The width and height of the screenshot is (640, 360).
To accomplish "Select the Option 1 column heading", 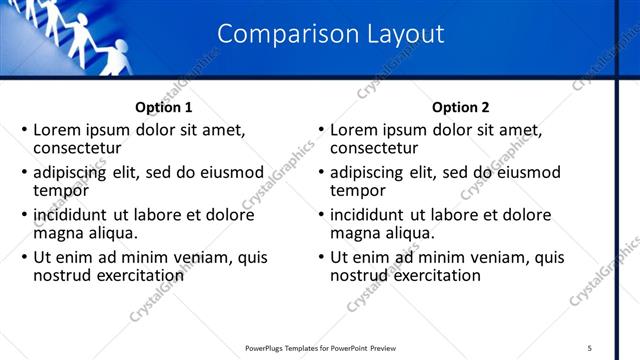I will [x=163, y=107].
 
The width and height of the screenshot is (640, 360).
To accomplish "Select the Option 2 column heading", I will [x=460, y=107].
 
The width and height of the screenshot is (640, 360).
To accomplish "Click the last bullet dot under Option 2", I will [x=321, y=258].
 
